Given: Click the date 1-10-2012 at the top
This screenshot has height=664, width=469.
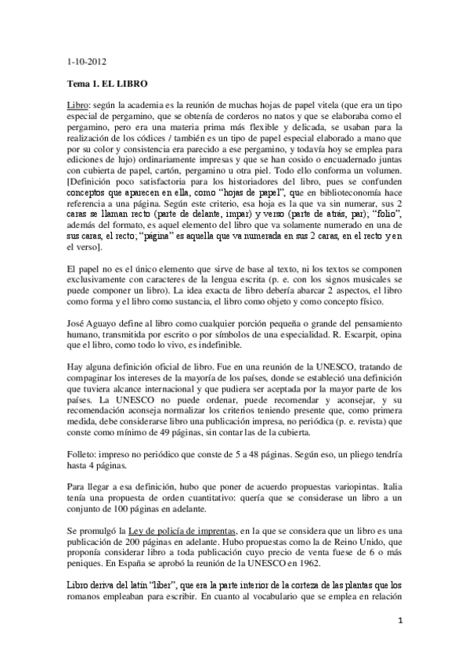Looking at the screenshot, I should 86,61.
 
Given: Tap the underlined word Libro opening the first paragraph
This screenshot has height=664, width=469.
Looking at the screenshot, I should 78,103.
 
